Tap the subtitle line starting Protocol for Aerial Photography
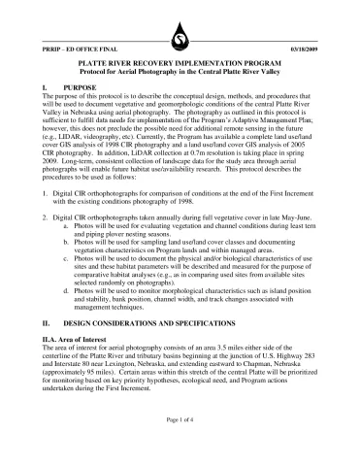180,72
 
